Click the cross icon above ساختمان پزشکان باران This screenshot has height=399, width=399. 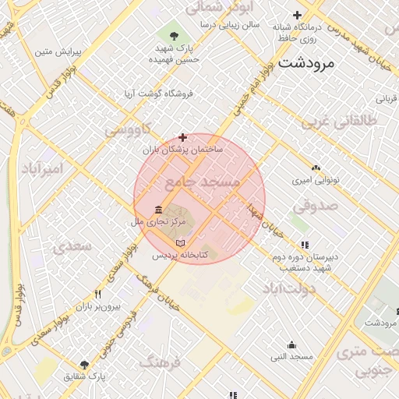(x=183, y=137)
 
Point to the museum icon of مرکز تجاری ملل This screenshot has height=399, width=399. (x=159, y=210)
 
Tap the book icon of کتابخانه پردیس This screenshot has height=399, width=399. (x=181, y=244)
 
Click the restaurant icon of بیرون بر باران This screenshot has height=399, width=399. (x=98, y=295)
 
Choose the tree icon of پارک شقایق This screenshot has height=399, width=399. (x=84, y=365)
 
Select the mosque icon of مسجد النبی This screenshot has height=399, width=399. (x=291, y=344)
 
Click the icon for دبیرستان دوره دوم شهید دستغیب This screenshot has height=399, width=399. (x=305, y=245)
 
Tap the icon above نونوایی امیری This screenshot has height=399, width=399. (x=316, y=168)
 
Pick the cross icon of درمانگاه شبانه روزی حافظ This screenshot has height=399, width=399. (x=297, y=15)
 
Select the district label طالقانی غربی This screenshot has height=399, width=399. (x=340, y=122)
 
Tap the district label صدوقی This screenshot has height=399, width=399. (x=316, y=206)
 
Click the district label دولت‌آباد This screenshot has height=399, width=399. (x=288, y=289)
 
